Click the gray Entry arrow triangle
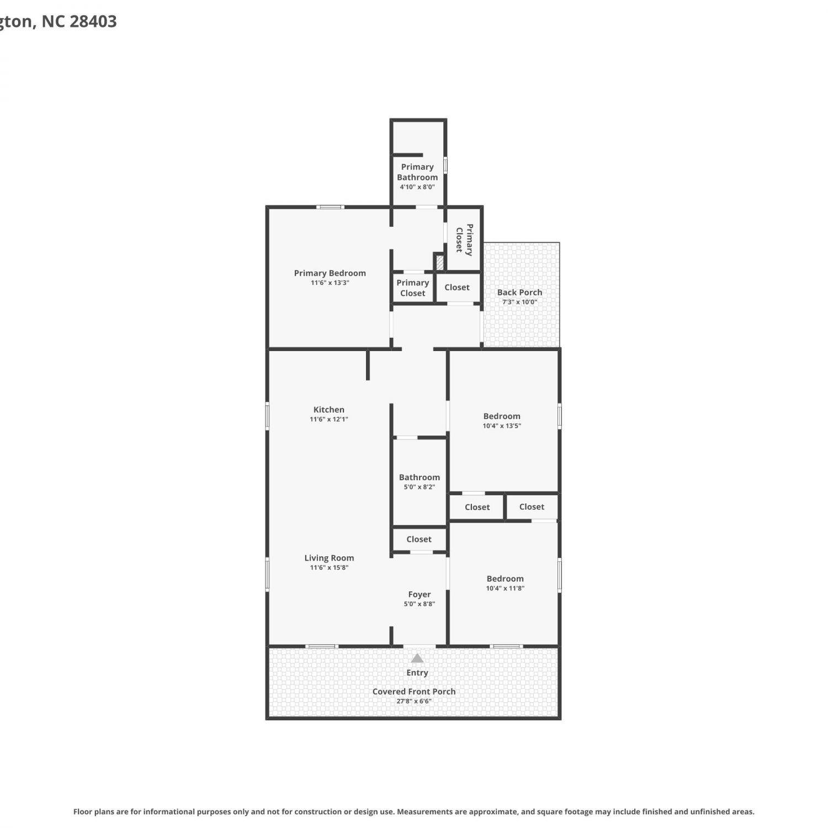(x=417, y=658)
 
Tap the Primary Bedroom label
(x=330, y=273)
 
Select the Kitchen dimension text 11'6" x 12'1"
(x=329, y=420)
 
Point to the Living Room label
(x=329, y=558)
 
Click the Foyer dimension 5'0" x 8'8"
(x=420, y=604)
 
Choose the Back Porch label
(x=519, y=293)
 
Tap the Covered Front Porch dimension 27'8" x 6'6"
(x=414, y=701)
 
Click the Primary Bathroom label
(x=417, y=172)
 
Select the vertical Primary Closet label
(x=464, y=240)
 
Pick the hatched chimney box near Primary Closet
(x=440, y=262)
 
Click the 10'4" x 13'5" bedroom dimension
(x=502, y=426)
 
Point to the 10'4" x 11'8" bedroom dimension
(x=505, y=588)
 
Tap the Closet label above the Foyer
(x=419, y=539)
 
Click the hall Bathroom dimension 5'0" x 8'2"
(x=420, y=487)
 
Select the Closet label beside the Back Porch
(x=457, y=288)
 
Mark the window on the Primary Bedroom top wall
(x=330, y=207)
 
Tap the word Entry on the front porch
(x=417, y=673)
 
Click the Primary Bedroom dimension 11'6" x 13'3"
(x=330, y=283)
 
